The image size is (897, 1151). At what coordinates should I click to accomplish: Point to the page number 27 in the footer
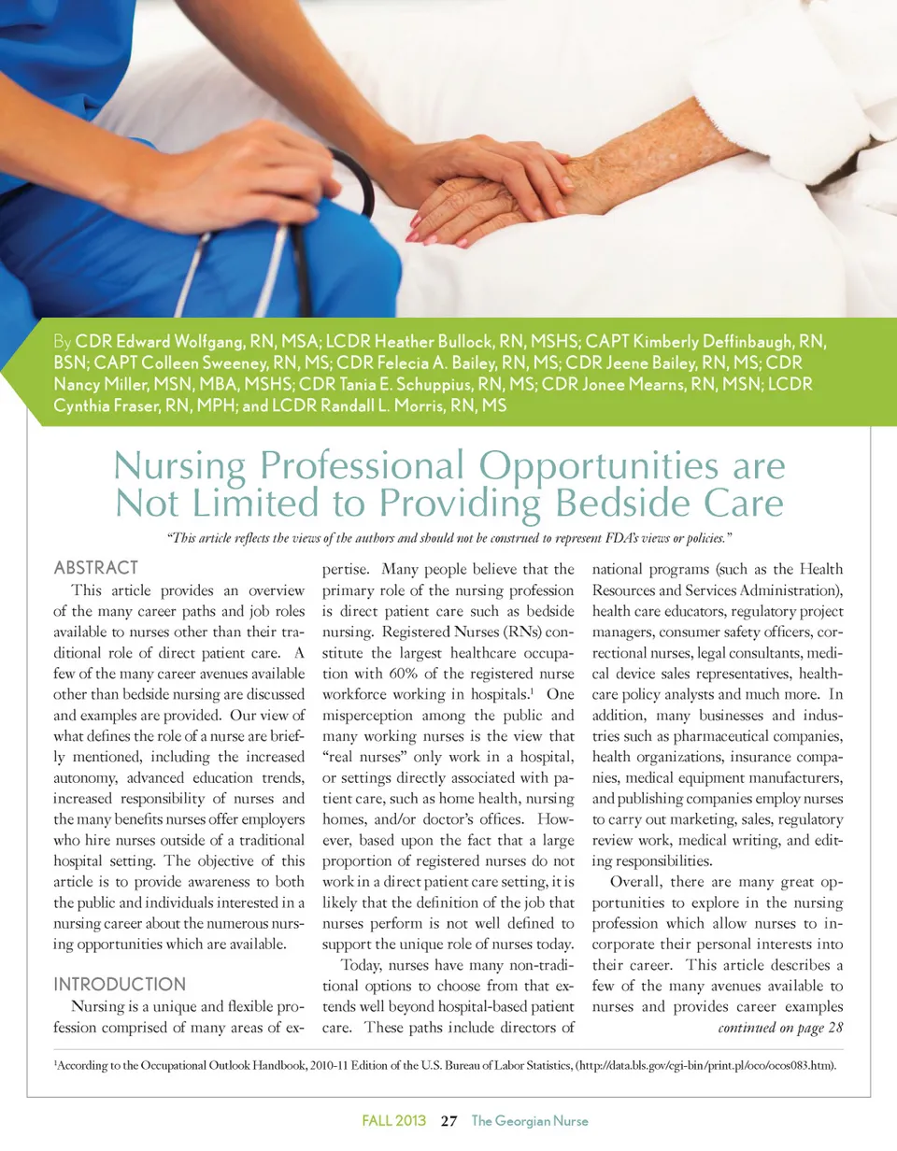[x=448, y=1121]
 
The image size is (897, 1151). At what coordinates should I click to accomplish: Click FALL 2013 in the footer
[x=394, y=1121]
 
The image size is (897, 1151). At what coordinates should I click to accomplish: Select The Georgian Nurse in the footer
[x=531, y=1121]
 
